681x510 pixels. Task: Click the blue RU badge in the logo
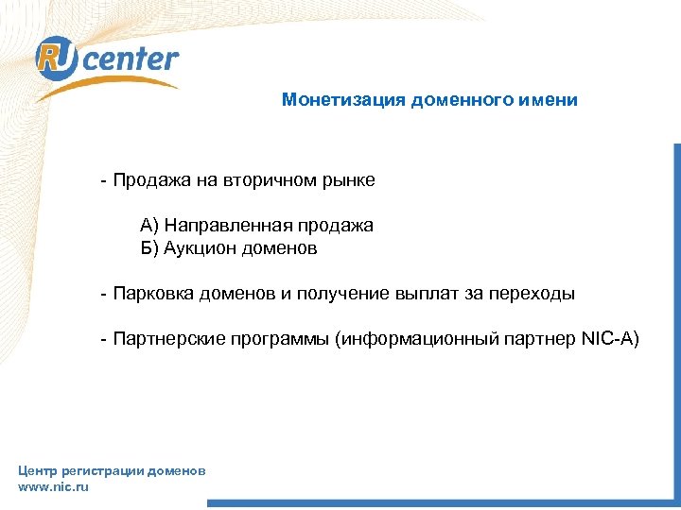click(54, 59)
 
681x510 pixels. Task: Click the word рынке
click(350, 179)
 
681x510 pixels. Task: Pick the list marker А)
click(150, 226)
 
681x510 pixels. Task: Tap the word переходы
click(532, 294)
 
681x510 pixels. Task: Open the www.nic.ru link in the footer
click(53, 486)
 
